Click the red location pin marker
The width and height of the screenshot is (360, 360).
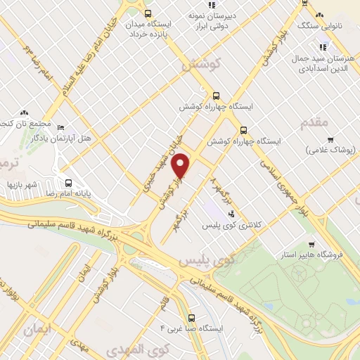point(181,166)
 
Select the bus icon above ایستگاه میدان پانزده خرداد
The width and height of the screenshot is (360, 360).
point(147,13)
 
